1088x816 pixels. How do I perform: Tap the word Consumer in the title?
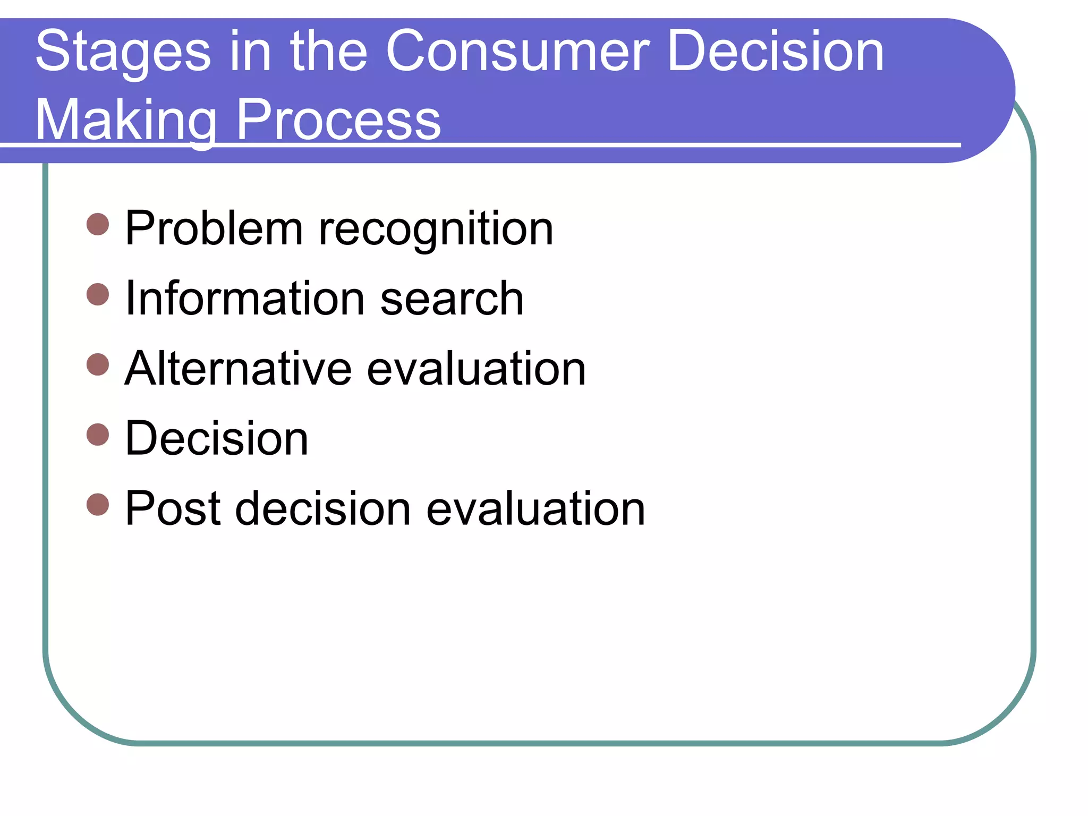coord(517,52)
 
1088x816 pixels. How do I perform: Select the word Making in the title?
coord(126,121)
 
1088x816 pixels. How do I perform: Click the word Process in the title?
coord(338,121)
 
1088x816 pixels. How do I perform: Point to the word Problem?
coord(214,228)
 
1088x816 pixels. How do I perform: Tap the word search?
coord(452,300)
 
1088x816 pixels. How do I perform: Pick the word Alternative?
coord(238,369)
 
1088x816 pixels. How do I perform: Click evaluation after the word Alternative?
coord(477,369)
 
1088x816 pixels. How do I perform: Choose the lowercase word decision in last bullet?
coord(323,509)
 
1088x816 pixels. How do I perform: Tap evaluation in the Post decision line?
coord(535,509)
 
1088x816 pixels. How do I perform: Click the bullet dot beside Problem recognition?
coord(98,224)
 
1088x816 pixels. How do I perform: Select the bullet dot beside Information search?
coord(98,294)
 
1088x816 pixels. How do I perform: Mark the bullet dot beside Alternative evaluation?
coord(98,364)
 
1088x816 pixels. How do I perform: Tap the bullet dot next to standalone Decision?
coord(98,434)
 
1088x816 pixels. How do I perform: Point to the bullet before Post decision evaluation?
coord(98,504)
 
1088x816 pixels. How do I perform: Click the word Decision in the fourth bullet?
coord(217,439)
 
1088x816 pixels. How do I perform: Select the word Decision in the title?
coord(775,52)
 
